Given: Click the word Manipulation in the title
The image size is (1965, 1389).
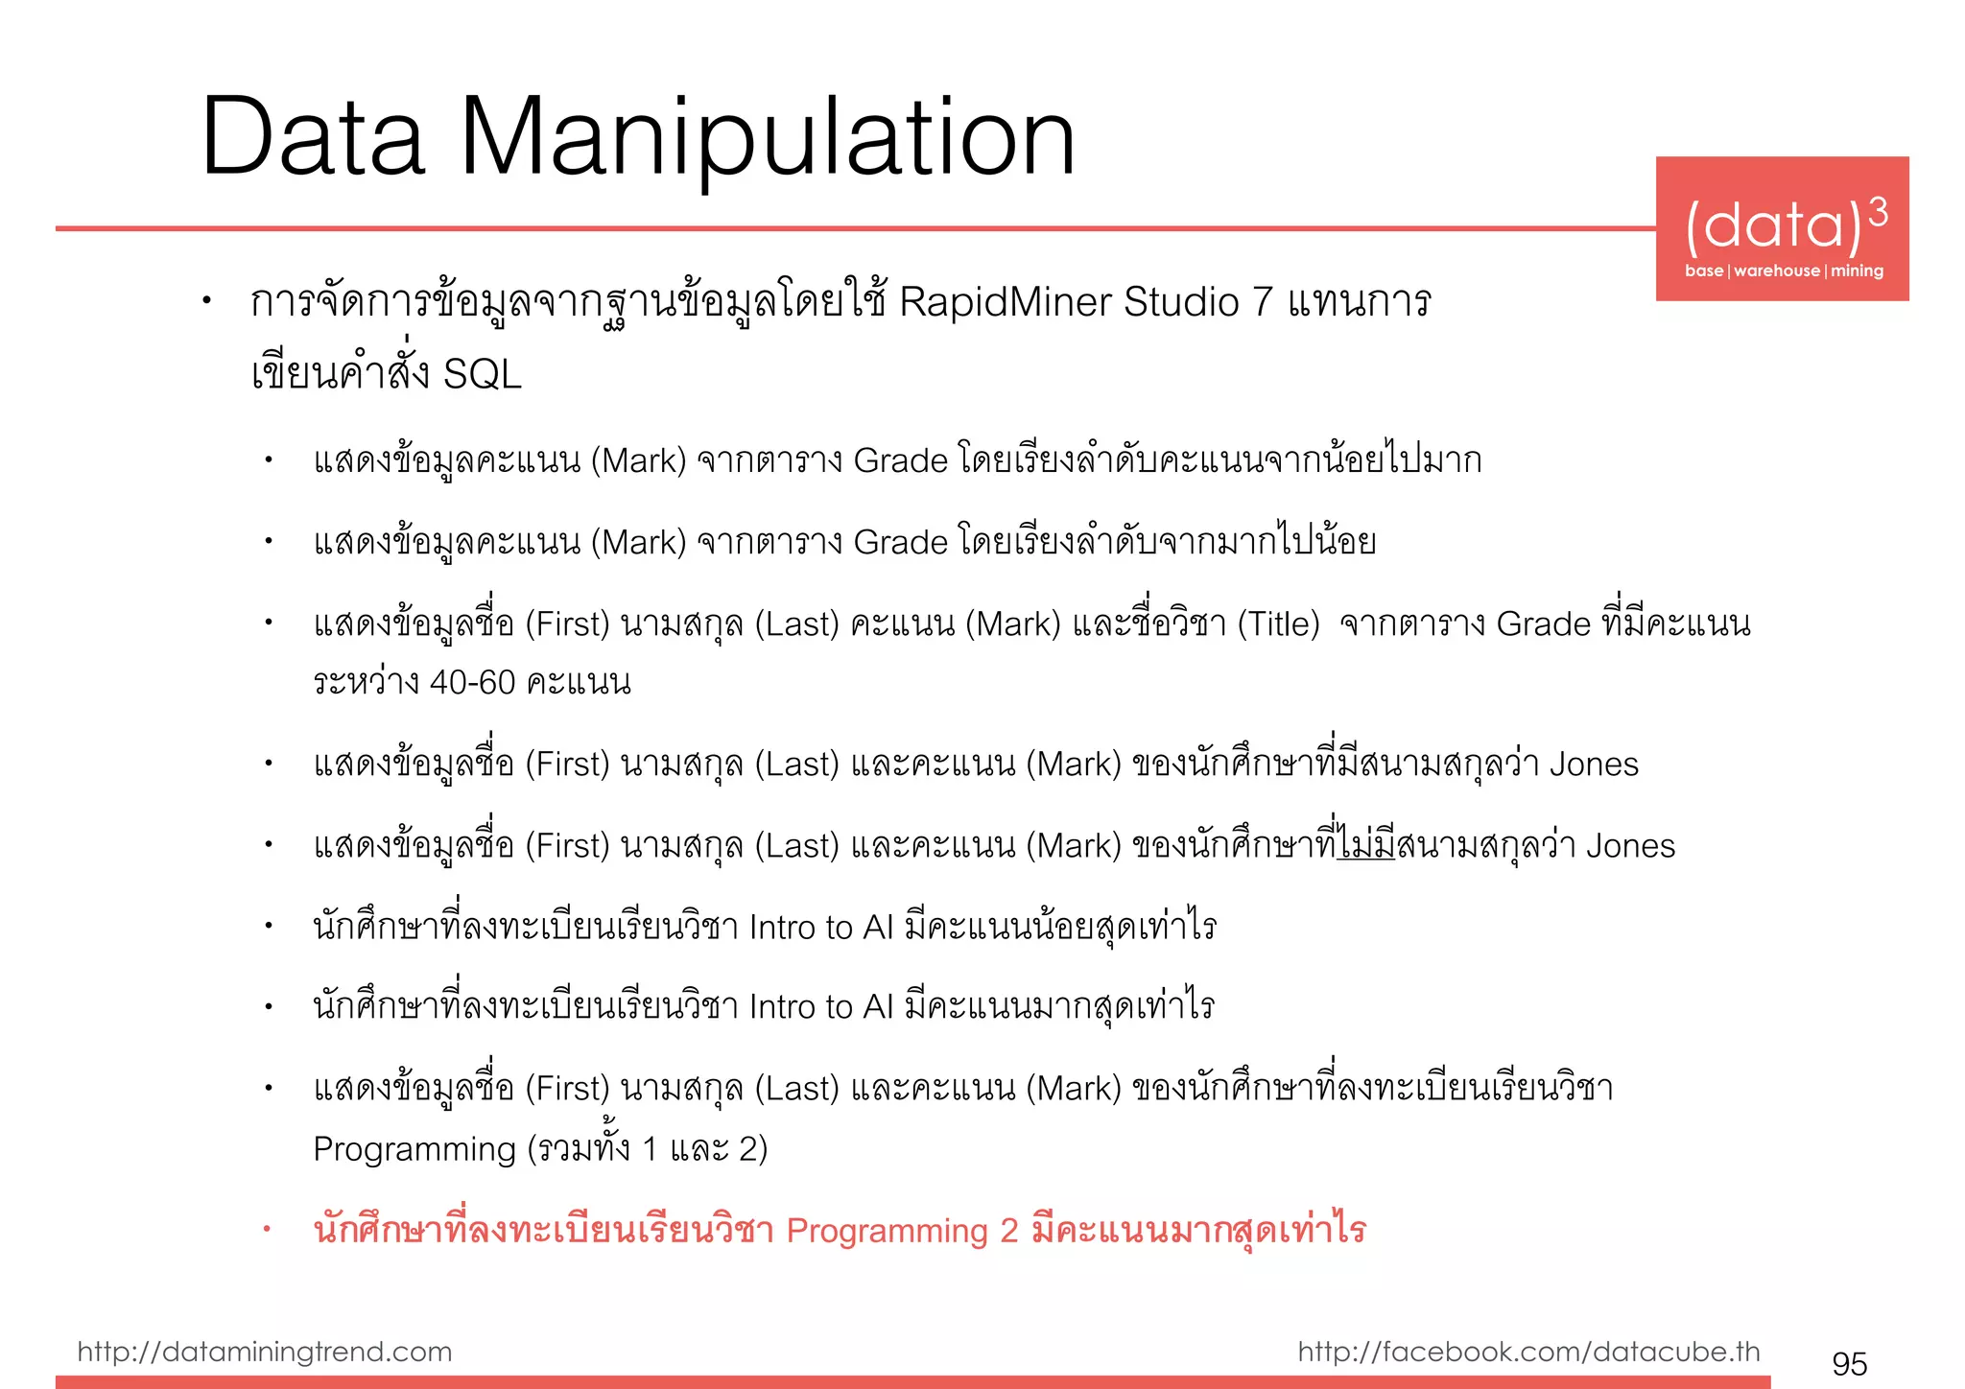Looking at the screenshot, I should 768,139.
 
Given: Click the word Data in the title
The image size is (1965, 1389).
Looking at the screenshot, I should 313,139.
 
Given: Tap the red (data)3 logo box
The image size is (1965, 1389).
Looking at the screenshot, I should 1782,228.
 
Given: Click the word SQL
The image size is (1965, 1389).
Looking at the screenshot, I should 482,374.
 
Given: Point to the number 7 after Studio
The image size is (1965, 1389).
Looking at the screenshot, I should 1264,302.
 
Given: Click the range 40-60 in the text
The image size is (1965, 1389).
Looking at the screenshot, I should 472,682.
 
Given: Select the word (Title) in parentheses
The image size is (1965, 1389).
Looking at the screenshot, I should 1278,624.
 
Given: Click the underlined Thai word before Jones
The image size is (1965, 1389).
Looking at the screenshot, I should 1366,845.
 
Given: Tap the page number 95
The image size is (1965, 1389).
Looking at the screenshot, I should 1849,1363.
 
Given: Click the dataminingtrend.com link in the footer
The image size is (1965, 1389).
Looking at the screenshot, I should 264,1352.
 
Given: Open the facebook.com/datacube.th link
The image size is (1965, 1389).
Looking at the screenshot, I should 1528,1352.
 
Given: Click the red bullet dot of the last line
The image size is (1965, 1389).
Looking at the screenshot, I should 268,1230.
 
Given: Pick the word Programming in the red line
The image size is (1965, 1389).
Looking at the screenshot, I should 887,1231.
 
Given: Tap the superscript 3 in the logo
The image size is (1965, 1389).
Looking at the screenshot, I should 1878,212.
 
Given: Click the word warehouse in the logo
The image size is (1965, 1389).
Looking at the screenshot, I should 1776,271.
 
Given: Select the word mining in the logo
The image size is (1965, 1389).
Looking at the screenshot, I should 1857,271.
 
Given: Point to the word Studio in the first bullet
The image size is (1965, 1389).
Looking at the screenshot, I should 1181,302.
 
